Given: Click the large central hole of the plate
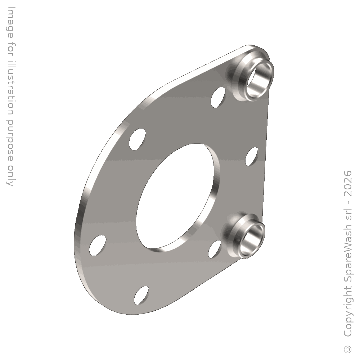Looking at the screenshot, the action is click(x=175, y=197).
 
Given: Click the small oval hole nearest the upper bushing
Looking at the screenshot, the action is click(x=218, y=97).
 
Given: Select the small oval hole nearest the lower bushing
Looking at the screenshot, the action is click(x=214, y=249).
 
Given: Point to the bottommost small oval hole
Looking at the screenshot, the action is click(x=141, y=295).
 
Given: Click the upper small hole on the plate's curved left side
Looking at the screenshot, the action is click(x=137, y=139).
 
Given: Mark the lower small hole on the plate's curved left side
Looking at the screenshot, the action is click(x=98, y=245).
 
